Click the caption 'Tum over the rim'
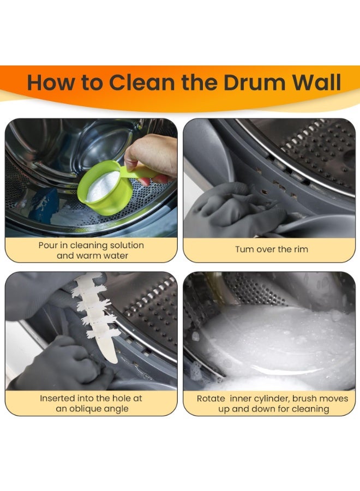pyautogui.click(x=271, y=249)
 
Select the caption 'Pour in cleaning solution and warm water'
pyautogui.click(x=91, y=250)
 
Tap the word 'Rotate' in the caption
pyautogui.click(x=211, y=399)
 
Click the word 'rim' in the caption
pyautogui.click(x=299, y=249)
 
